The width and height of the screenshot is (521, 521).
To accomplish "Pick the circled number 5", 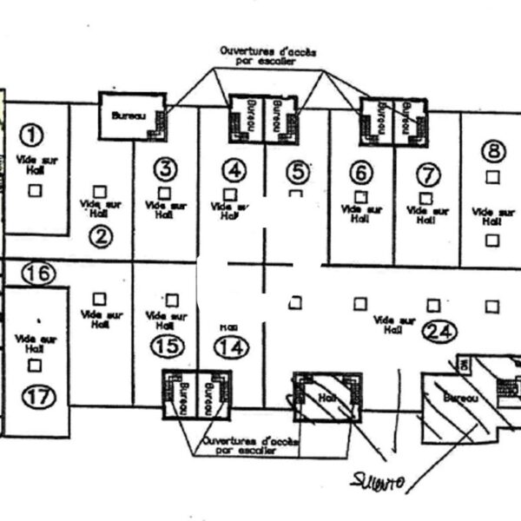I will pyautogui.click(x=296, y=170).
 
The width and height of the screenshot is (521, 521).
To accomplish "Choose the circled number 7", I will pyautogui.click(x=427, y=175).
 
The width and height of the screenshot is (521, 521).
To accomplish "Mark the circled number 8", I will pyautogui.click(x=493, y=151).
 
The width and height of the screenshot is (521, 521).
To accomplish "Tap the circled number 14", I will pyautogui.click(x=231, y=347).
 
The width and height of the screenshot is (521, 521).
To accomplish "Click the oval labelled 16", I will pyautogui.click(x=38, y=274).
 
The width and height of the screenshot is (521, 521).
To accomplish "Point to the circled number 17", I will pyautogui.click(x=38, y=398).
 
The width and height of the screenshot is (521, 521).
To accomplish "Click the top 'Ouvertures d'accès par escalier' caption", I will pyautogui.click(x=267, y=57).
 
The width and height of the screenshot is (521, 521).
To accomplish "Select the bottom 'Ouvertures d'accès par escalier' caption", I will pyautogui.click(x=248, y=446).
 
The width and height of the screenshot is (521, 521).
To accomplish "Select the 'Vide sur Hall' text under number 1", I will pyautogui.click(x=35, y=165).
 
